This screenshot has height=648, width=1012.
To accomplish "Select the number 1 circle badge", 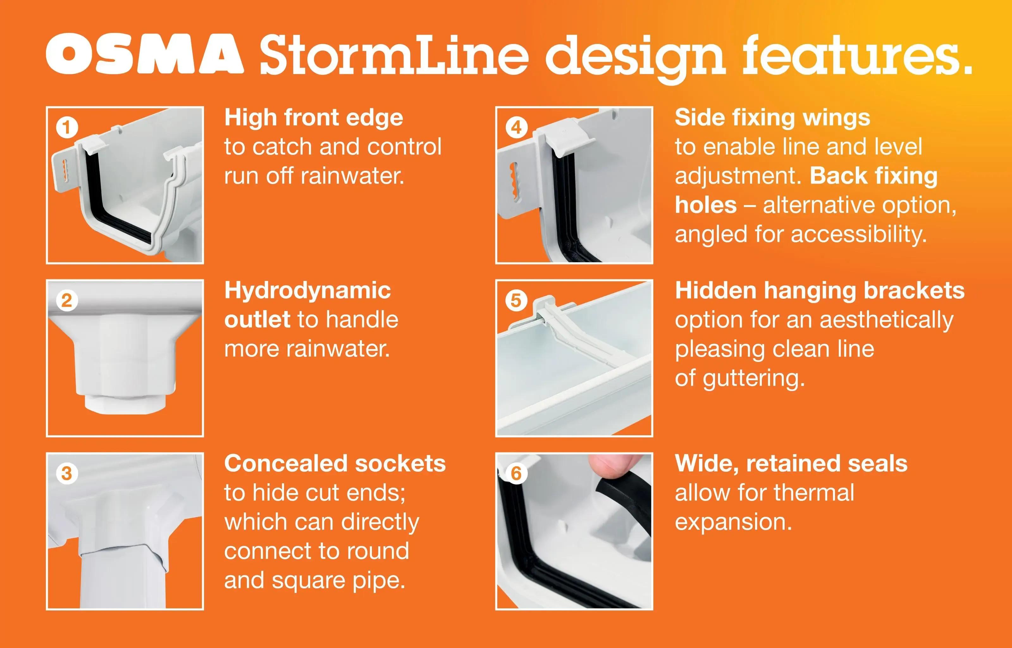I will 67,127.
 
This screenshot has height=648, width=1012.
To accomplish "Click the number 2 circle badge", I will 67,301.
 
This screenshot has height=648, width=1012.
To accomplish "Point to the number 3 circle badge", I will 67,473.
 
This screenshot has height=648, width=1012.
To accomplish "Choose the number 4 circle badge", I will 516,127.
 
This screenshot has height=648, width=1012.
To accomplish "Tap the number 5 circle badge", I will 516,301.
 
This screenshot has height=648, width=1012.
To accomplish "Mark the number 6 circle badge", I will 516,473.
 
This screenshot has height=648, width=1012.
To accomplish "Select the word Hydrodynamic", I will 307,291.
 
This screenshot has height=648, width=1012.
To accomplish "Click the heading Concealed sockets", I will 335,464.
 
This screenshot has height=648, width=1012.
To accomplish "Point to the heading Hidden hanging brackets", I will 819,291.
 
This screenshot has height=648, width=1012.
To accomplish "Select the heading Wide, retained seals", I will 791,464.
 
